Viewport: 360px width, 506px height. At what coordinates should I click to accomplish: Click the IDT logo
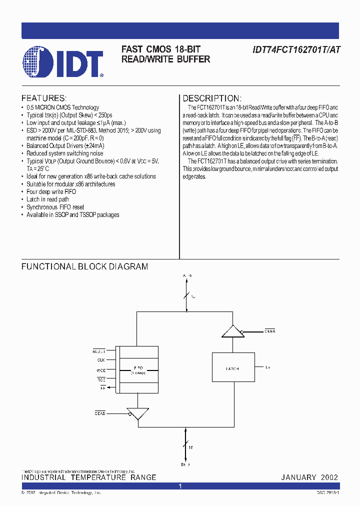(62, 62)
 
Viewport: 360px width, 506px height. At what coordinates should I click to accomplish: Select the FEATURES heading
(43, 98)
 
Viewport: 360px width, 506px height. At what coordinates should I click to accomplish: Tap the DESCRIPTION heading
(212, 98)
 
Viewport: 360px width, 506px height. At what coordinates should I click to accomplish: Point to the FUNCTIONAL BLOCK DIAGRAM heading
(84, 266)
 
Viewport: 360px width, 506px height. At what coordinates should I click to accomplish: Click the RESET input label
(99, 350)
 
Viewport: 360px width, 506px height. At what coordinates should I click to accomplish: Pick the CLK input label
(101, 360)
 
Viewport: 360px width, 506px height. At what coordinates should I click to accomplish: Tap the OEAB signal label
(100, 413)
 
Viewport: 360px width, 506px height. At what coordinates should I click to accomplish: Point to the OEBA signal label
(270, 331)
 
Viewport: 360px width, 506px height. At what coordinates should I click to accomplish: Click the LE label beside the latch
(268, 367)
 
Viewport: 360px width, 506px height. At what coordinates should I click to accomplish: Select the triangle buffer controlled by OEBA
(231, 331)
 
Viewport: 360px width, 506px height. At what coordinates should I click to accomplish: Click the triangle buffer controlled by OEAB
(138, 413)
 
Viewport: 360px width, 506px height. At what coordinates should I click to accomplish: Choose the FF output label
(102, 387)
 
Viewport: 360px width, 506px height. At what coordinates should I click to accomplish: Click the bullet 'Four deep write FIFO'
(51, 191)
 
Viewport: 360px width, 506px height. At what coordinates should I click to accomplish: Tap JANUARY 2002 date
(309, 477)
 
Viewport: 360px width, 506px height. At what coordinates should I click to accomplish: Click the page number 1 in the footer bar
(180, 486)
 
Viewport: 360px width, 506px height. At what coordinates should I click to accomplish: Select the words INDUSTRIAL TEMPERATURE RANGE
(89, 477)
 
